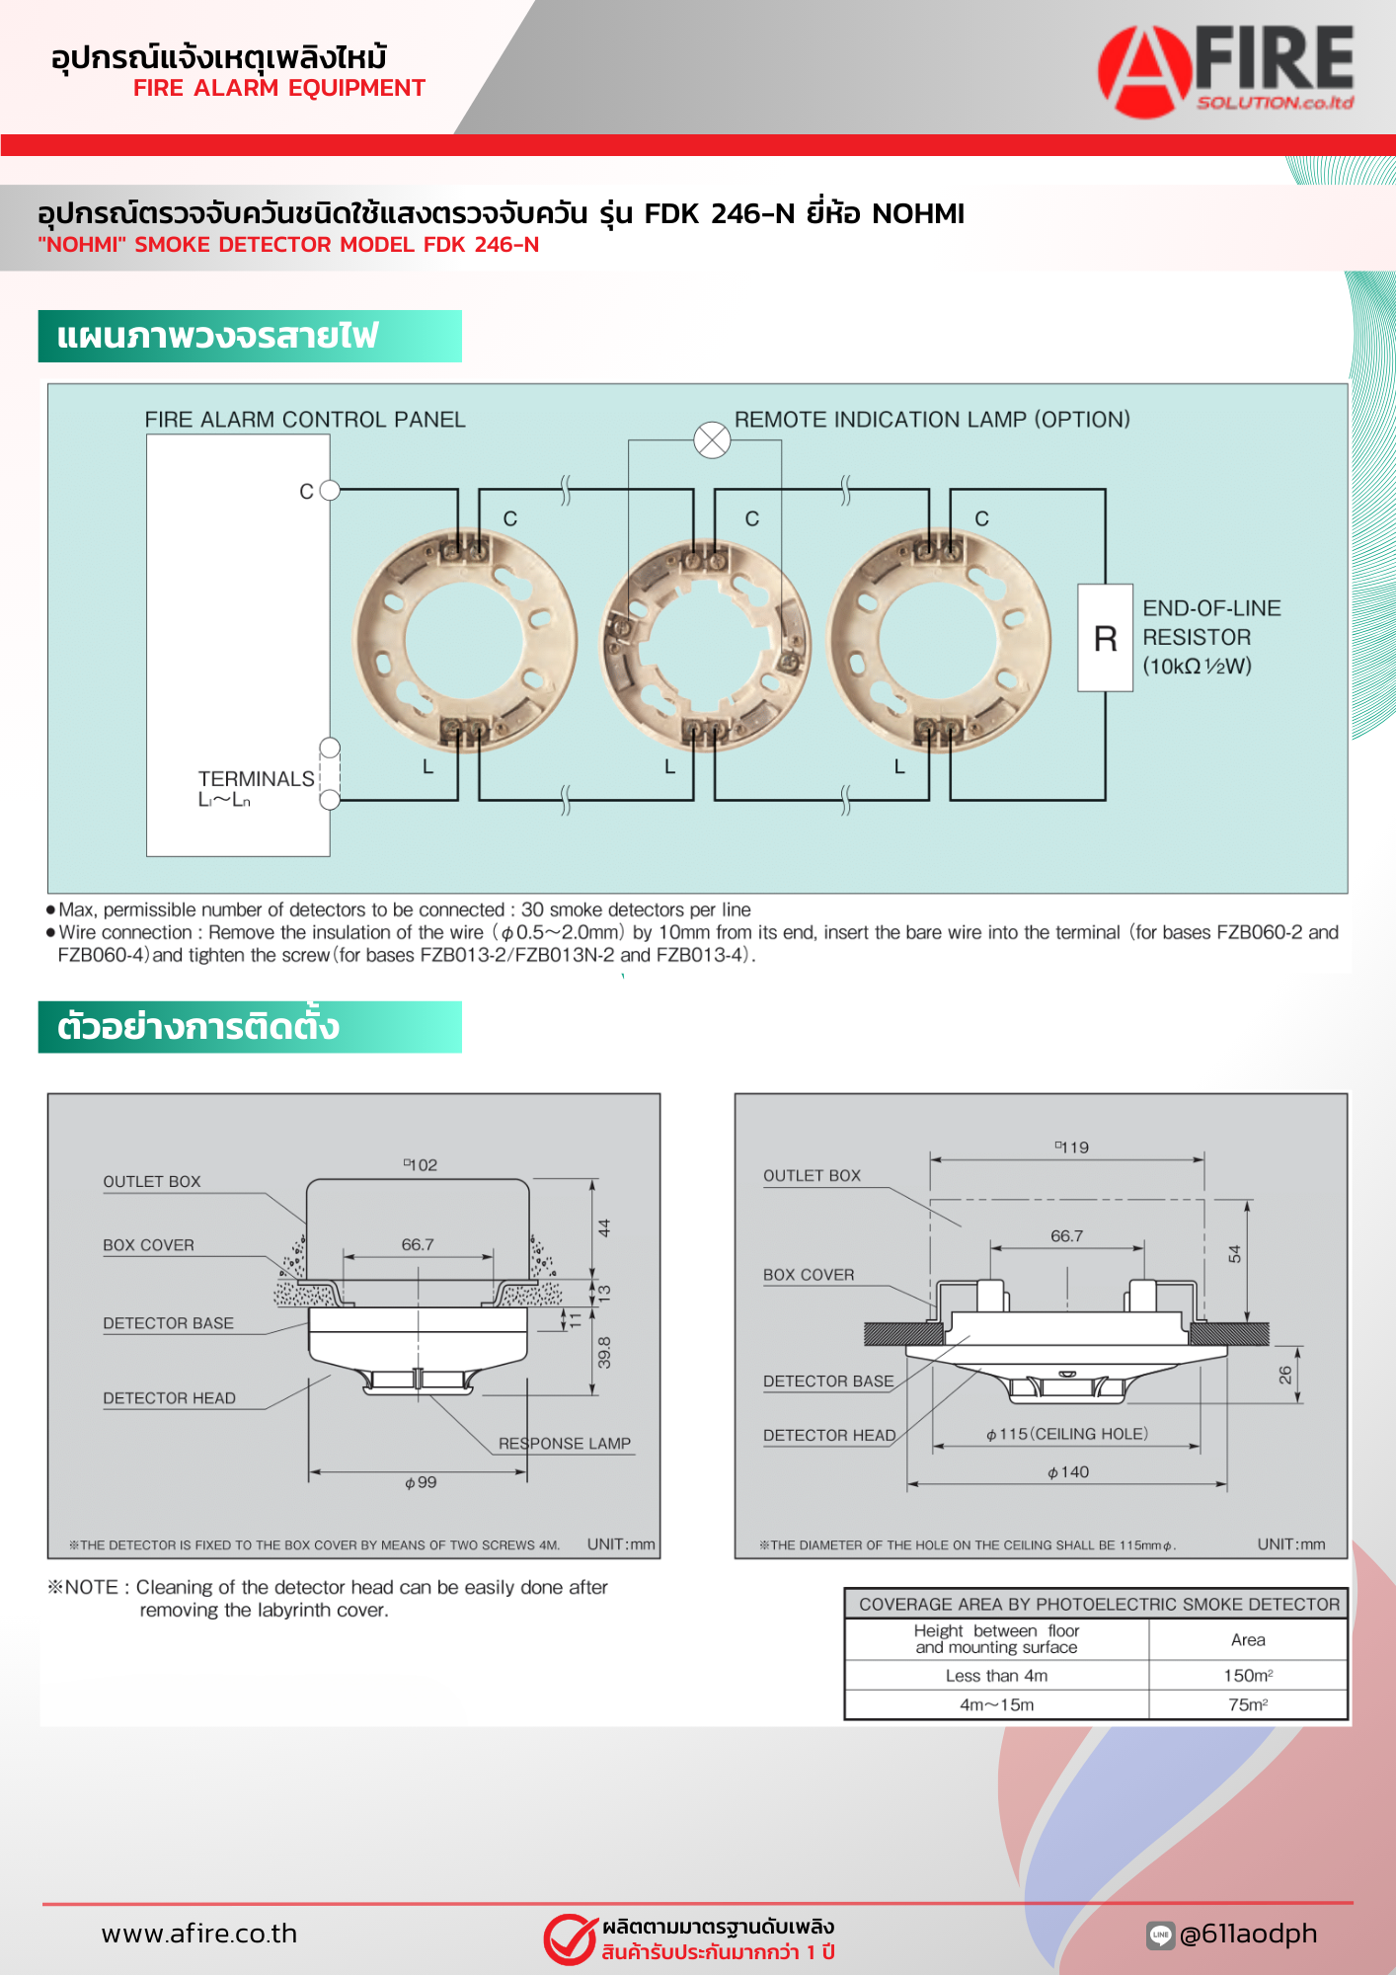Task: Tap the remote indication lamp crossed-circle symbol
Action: click(712, 439)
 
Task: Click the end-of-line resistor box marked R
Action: click(1105, 638)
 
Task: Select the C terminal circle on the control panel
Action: click(330, 490)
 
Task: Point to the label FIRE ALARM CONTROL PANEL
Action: click(305, 420)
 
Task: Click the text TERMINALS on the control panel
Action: click(256, 779)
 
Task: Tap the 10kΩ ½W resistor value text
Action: click(1197, 667)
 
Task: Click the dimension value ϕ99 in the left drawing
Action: click(421, 1482)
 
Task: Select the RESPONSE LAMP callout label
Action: click(564, 1444)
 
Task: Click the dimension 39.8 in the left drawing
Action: click(604, 1352)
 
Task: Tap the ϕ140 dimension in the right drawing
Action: click(1068, 1472)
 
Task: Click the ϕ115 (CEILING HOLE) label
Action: click(1067, 1434)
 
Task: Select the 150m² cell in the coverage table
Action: click(1248, 1676)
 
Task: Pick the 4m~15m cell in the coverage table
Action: click(996, 1705)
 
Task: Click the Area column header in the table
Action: click(1248, 1640)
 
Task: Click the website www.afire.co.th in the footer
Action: click(199, 1934)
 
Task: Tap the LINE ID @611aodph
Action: click(1248, 1934)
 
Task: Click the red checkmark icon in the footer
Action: click(570, 1939)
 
